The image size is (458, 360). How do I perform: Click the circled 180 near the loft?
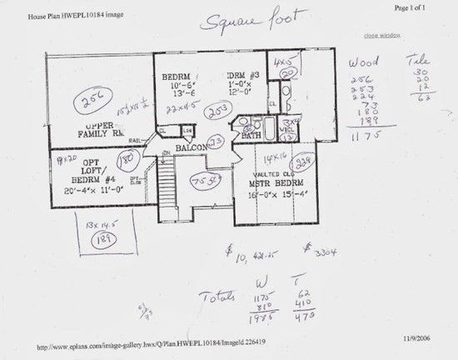[127, 157]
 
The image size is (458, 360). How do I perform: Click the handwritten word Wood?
[364, 62]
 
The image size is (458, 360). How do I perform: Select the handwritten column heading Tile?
[412, 61]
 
